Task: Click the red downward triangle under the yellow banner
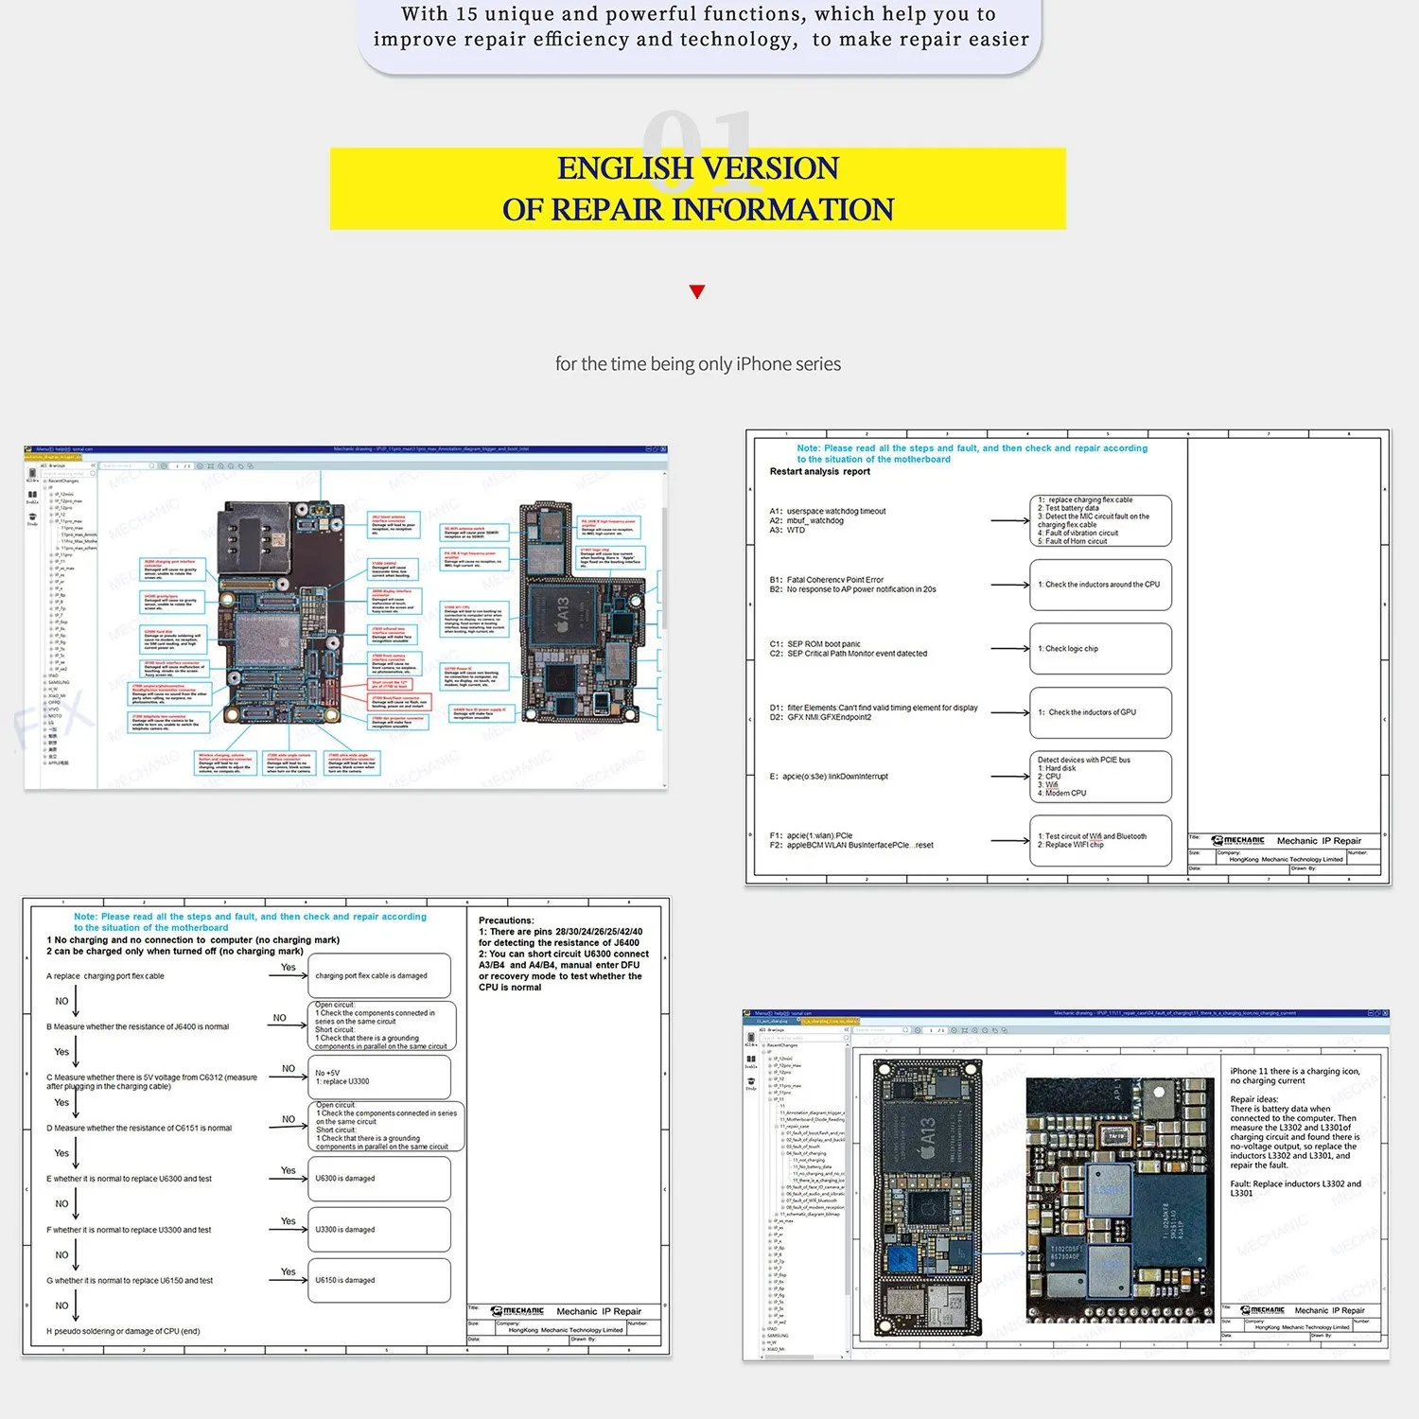[697, 291]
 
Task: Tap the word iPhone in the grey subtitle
[763, 364]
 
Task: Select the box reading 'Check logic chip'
[1100, 649]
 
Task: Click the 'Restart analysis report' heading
[819, 471]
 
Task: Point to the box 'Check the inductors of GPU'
[1100, 712]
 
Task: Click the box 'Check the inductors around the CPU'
[1100, 585]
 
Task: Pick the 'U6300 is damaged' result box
[379, 1179]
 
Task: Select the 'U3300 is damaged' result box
[379, 1230]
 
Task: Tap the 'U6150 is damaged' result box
[379, 1280]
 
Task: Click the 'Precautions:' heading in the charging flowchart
[506, 920]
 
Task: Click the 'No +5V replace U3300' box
[379, 1077]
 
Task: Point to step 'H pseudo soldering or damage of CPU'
[123, 1331]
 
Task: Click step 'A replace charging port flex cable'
[105, 976]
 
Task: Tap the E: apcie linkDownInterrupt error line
[829, 777]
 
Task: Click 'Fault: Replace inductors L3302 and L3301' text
[1295, 1188]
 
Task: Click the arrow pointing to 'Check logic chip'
[1009, 649]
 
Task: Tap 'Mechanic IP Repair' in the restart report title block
[1319, 841]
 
